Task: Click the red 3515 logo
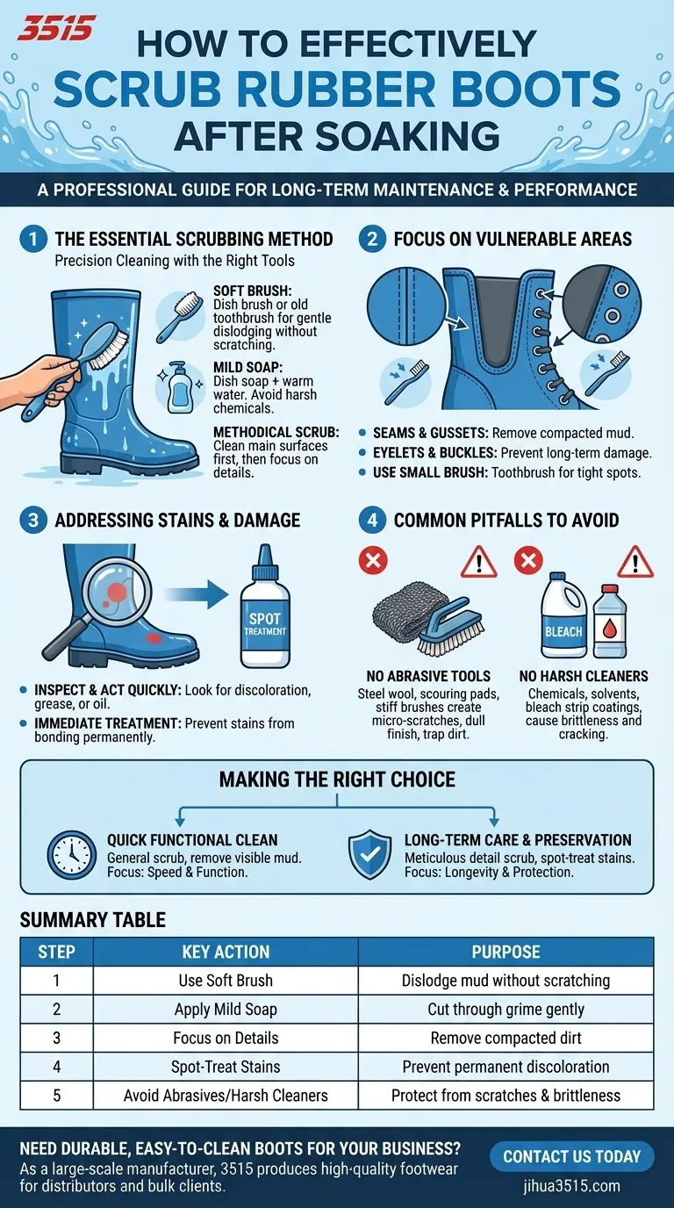[56, 28]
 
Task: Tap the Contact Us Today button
[571, 1156]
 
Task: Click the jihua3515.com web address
[571, 1186]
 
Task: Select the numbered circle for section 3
[32, 520]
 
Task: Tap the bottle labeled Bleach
[563, 617]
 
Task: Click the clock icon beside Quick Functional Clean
[72, 855]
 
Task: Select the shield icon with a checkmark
[369, 855]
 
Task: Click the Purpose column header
[505, 952]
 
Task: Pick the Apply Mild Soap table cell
[226, 1010]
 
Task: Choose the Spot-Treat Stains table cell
[226, 1067]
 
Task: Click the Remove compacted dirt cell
[505, 1038]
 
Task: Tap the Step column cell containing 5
[57, 1095]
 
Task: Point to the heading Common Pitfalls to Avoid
[506, 520]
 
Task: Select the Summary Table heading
[92, 920]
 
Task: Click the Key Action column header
[226, 952]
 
